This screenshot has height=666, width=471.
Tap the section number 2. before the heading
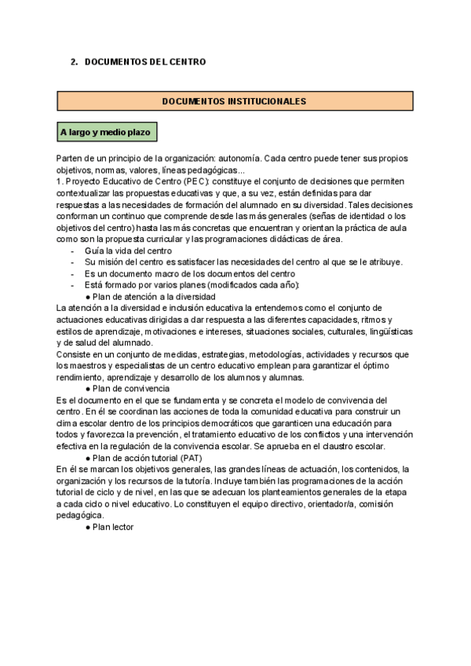point(75,61)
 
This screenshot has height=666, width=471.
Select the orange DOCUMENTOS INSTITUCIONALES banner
point(234,101)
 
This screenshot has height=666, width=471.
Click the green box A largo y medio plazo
point(106,131)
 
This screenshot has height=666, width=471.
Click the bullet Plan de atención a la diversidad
point(153,297)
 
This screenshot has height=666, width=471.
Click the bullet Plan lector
point(114,527)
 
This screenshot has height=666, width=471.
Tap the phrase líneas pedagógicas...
point(202,170)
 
